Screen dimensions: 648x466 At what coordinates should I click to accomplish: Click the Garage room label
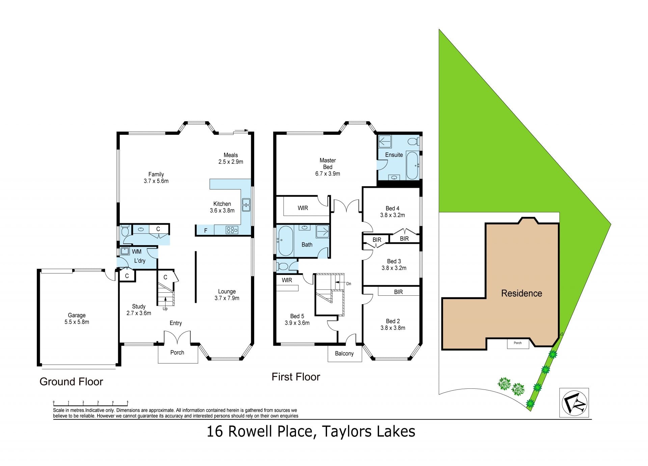[x=77, y=315]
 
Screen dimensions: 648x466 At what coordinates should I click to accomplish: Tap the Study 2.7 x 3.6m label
[x=139, y=310]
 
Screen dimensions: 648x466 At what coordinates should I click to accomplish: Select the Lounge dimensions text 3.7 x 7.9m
[x=227, y=298]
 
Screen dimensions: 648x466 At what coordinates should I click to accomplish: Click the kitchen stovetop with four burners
[x=232, y=230]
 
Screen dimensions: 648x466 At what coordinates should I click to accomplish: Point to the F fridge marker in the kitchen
[x=206, y=231]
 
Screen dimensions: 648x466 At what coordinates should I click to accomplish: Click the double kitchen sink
[x=246, y=205]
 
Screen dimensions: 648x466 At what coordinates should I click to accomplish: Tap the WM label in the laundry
[x=137, y=252]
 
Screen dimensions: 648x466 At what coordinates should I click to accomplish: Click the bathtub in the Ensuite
[x=412, y=166]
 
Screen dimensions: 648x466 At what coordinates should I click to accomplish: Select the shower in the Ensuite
[x=385, y=142]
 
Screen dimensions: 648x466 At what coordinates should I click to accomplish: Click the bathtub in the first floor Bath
[x=286, y=241]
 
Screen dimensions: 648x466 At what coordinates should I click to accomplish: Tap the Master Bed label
[x=328, y=164]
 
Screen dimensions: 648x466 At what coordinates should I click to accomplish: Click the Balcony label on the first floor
[x=344, y=353]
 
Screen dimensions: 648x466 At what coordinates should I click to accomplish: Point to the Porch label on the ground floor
[x=177, y=352]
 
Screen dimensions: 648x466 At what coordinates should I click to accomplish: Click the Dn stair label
[x=349, y=284]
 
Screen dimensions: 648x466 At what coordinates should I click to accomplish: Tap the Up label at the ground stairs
[x=165, y=309]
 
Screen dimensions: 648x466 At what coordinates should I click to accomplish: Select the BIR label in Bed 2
[x=398, y=292]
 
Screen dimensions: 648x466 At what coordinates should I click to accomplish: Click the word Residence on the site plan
[x=521, y=293]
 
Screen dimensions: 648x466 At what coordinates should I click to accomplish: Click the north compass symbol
[x=574, y=403]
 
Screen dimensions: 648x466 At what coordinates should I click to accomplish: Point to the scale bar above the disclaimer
[x=91, y=403]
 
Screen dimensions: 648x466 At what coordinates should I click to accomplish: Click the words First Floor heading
[x=296, y=377]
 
